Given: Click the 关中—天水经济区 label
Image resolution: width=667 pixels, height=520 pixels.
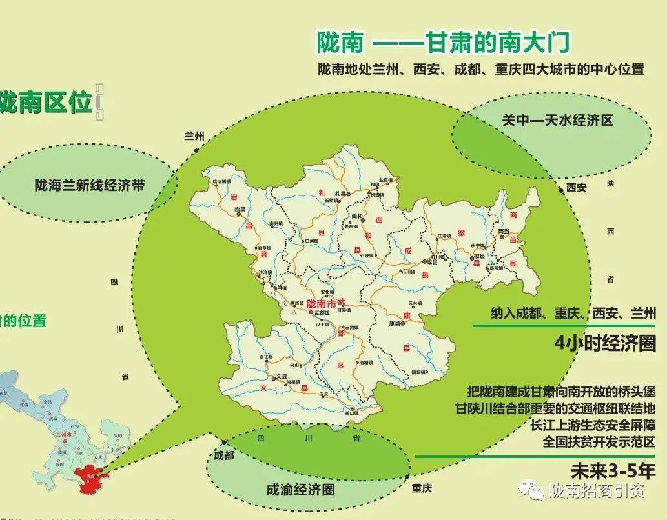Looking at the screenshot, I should (557, 120).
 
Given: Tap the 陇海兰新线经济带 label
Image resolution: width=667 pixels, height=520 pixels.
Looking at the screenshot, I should (89, 186).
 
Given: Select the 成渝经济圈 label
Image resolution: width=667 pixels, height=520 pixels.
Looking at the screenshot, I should (300, 489).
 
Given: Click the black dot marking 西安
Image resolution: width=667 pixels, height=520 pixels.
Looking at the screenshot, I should (561, 188).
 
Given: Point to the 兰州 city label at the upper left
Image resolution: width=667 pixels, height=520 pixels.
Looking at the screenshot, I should (194, 136).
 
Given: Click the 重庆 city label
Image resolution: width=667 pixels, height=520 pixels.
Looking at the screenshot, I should (420, 488).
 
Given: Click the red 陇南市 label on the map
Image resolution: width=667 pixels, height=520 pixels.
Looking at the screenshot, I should (323, 303).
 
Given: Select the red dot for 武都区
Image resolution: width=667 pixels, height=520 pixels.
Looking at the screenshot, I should (311, 312).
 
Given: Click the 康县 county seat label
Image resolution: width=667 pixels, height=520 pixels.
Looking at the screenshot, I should (395, 324).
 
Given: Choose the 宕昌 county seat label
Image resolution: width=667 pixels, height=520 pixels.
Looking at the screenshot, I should (240, 210).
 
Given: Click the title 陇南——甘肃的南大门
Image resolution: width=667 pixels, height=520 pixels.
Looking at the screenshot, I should (444, 43).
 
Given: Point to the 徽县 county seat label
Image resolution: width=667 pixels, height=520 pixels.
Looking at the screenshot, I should (478, 256).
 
